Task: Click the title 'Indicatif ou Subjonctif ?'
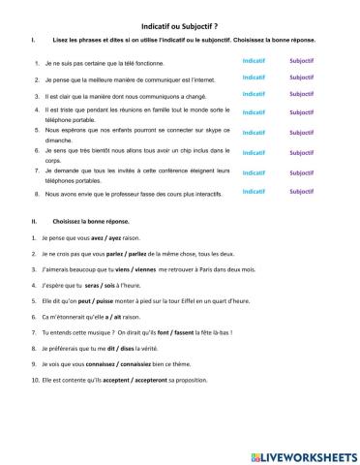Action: [179, 25]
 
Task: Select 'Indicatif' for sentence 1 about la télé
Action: [254, 60]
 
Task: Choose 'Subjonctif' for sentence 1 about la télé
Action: [301, 60]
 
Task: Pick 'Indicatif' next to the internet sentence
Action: [254, 77]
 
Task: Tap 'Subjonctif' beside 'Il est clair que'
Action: [301, 94]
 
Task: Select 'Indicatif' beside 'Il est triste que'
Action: [254, 112]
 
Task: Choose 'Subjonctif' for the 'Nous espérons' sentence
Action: [301, 132]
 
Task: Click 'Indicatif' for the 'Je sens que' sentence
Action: [254, 152]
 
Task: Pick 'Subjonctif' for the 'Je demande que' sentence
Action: [301, 172]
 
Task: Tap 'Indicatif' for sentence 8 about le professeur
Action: [254, 192]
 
